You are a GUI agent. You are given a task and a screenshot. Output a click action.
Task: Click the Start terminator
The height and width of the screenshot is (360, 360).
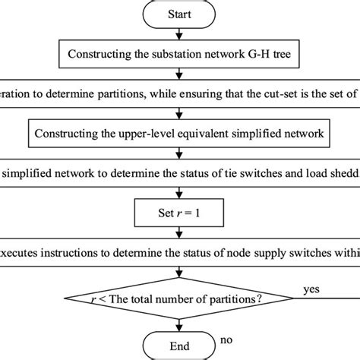179,13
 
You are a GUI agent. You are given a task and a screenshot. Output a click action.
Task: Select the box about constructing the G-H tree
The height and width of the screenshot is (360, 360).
179,53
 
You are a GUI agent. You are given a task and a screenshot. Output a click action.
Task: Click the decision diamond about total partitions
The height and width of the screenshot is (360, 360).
179,298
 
